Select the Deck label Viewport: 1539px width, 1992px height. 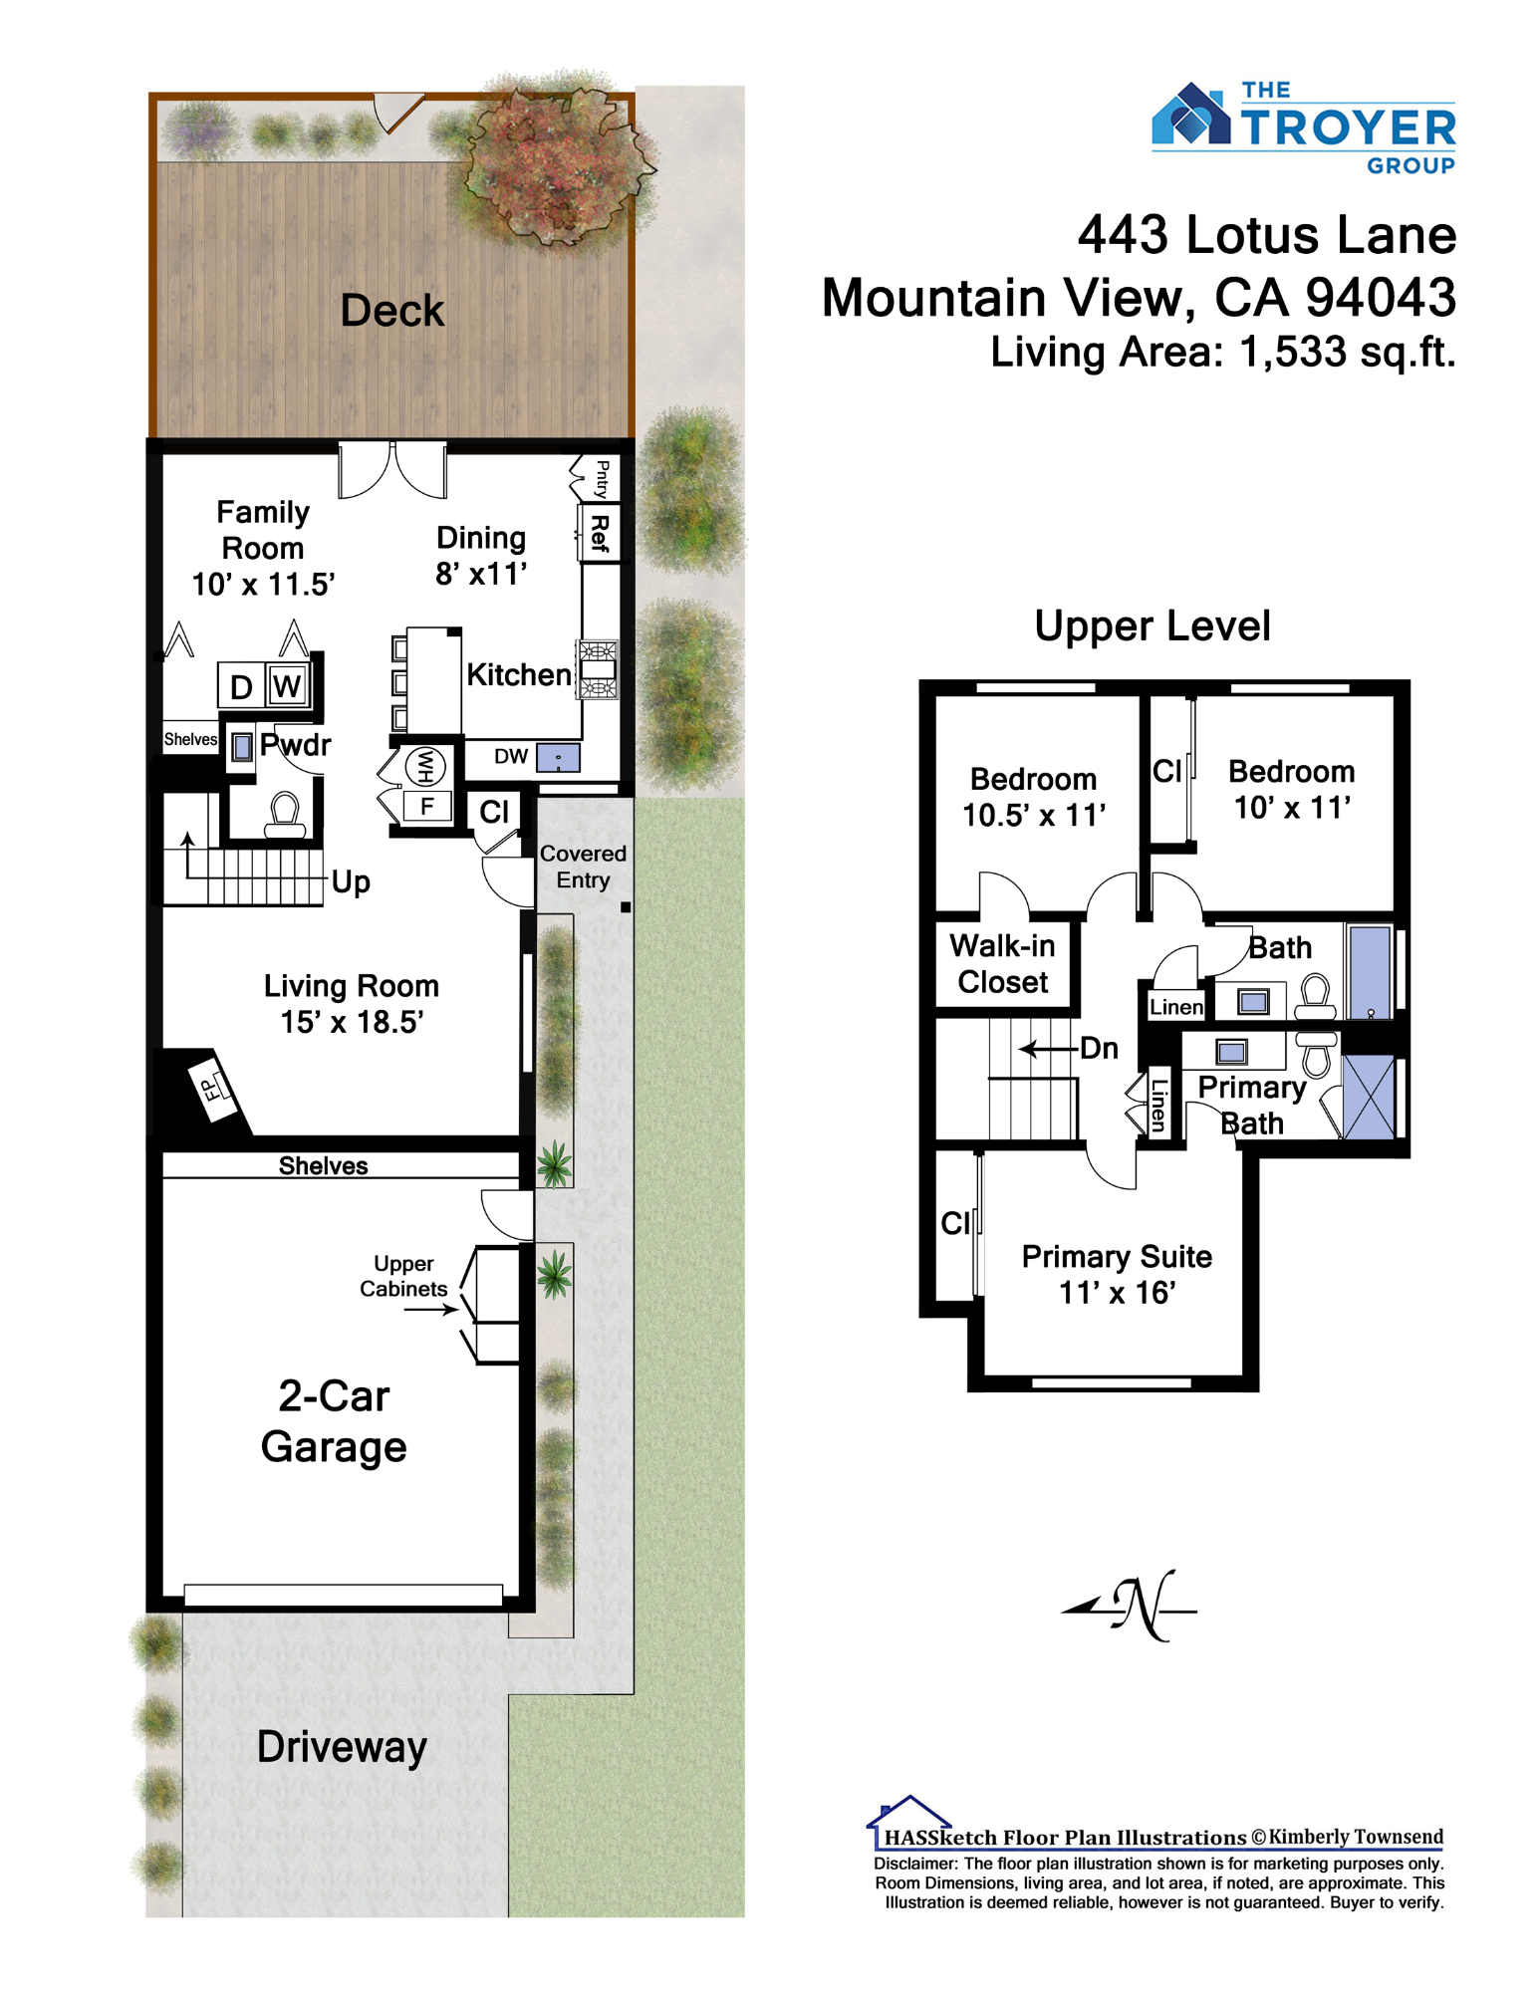coord(391,310)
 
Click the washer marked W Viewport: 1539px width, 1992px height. coord(287,684)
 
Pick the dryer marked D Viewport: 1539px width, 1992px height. coord(241,685)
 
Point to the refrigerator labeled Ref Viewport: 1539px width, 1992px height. coord(600,534)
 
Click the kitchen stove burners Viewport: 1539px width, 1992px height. coord(598,669)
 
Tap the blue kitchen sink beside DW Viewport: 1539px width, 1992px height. coord(558,758)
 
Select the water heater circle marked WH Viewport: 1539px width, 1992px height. coord(425,766)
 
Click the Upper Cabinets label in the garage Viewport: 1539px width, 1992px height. coord(403,1276)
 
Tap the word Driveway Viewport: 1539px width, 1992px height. coord(342,1747)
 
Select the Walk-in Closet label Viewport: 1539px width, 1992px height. coord(1002,963)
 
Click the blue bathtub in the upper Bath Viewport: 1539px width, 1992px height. coord(1370,972)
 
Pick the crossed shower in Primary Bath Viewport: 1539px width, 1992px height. coord(1369,1097)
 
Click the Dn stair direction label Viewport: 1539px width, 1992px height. coord(1099,1048)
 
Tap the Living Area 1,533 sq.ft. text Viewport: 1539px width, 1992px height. coord(1222,352)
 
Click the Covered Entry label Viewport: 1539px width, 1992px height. coord(583,867)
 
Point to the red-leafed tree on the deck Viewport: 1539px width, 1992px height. coord(554,164)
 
